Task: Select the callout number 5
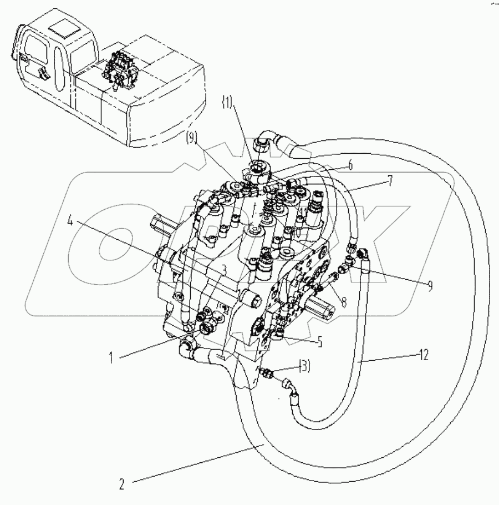coord(320,342)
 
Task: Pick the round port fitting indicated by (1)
coord(258,167)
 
